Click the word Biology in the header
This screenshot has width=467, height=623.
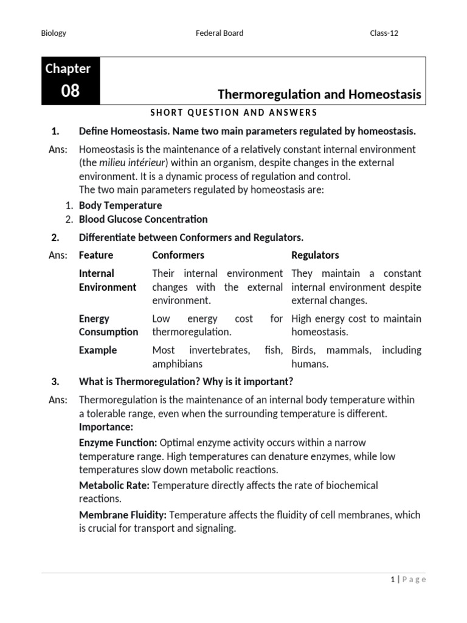pos(54,33)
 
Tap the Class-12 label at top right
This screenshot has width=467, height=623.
pos(384,33)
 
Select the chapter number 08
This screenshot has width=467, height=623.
pos(70,91)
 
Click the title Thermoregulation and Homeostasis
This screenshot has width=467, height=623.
pos(319,94)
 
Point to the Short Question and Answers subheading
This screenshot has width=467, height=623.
pos(233,113)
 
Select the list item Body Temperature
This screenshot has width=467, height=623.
pos(120,206)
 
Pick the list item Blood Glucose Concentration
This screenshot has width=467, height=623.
pos(143,219)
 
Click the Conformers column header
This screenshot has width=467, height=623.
pos(178,255)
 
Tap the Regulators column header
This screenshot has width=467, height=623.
pos(315,255)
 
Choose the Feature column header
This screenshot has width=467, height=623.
pos(96,255)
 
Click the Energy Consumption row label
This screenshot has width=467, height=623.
pos(108,325)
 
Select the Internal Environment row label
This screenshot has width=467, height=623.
pos(107,280)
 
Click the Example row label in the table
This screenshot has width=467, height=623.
pos(98,350)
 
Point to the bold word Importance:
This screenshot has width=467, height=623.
pos(106,427)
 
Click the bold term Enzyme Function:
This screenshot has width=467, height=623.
pos(118,443)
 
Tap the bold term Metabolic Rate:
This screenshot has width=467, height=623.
pos(114,486)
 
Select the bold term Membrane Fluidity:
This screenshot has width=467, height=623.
pos(123,515)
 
